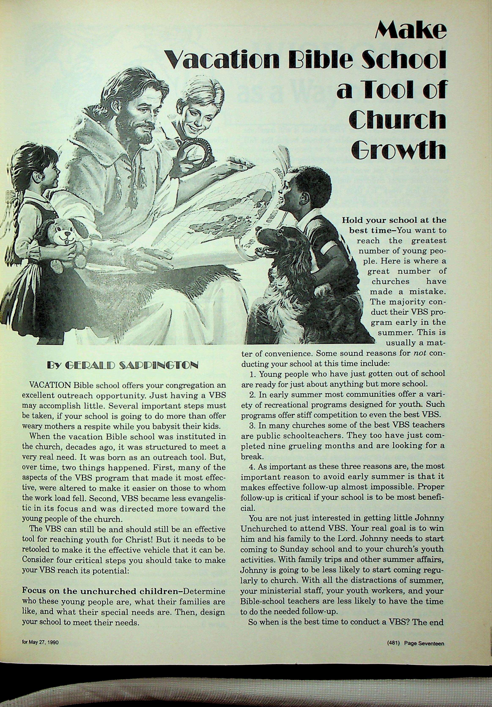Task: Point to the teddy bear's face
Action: pos(65,235)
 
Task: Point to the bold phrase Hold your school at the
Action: pos(394,220)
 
